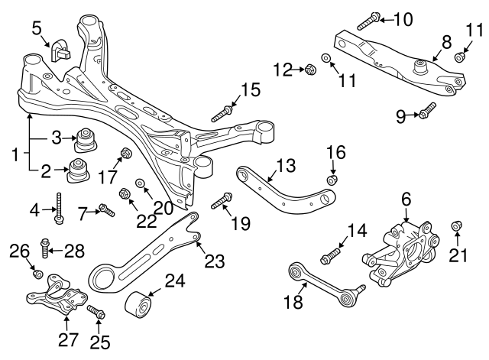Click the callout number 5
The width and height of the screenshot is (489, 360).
tap(37, 28)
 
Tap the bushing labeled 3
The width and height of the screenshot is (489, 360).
tap(86, 140)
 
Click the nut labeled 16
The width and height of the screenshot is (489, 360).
tap(332, 180)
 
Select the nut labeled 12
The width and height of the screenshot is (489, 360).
tap(310, 71)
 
